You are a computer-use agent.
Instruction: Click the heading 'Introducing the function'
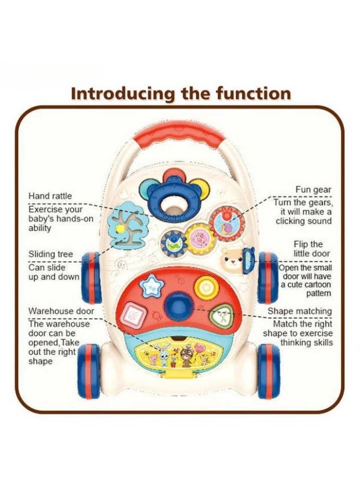point(181,93)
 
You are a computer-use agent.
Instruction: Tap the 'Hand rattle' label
point(50,196)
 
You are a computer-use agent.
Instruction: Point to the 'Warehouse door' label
point(61,311)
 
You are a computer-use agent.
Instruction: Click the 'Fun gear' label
point(313,190)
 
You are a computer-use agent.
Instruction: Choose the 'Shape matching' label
point(299,312)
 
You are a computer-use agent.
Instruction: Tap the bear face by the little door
point(232,261)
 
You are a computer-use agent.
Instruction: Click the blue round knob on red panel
point(178,303)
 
